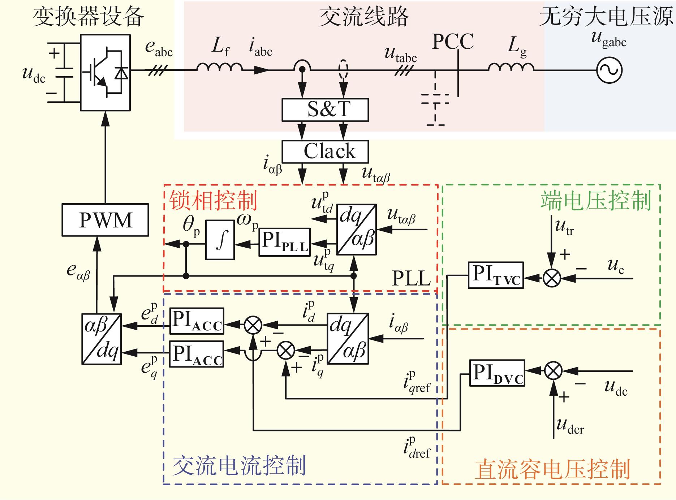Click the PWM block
click(105, 220)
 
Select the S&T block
click(325, 109)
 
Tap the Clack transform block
click(325, 152)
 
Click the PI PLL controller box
click(285, 242)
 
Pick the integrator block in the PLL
click(220, 240)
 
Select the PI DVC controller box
click(497, 373)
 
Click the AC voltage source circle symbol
click(609, 70)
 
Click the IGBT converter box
click(105, 73)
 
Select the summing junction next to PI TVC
click(552, 278)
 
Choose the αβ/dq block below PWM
click(102, 339)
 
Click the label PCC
click(453, 42)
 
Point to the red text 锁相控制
click(214, 201)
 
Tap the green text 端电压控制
click(596, 200)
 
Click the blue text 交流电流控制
click(240, 465)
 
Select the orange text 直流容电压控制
click(552, 469)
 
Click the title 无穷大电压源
click(607, 17)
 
